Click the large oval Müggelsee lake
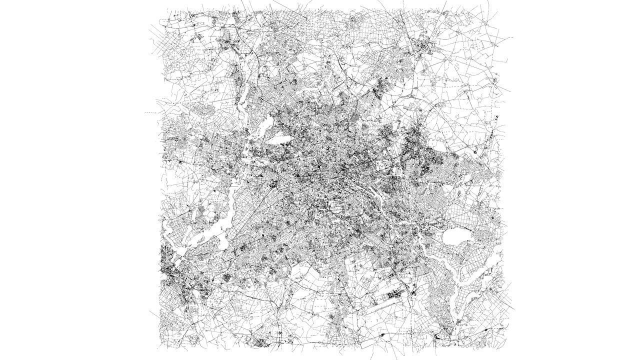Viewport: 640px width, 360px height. tap(456, 236)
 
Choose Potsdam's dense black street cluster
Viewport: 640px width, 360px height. tap(172, 272)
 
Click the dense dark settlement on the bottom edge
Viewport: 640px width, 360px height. tap(260, 343)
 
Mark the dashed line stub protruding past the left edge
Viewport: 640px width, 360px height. tap(150, 112)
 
